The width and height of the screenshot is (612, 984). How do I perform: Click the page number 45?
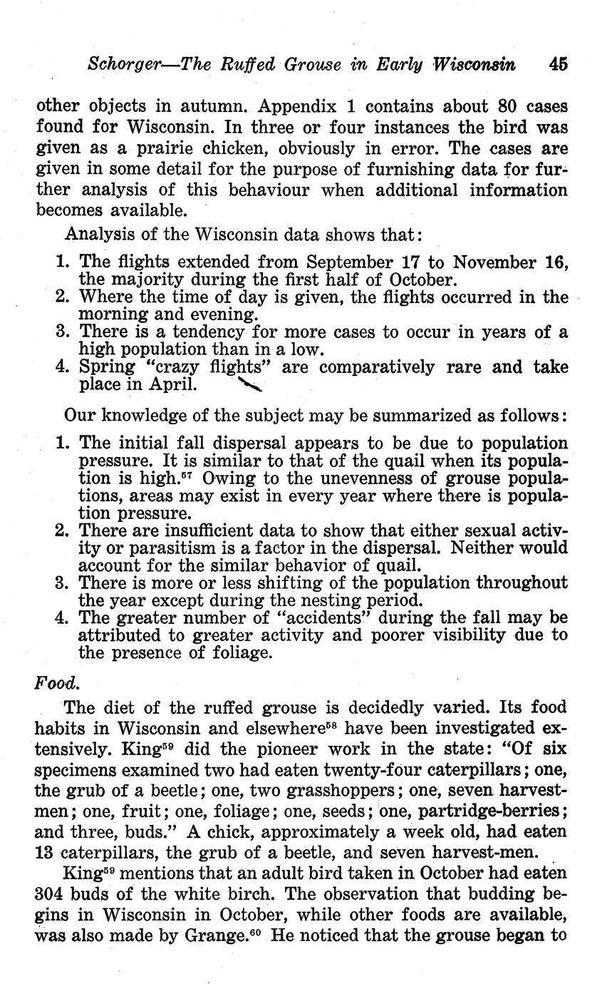click(x=559, y=63)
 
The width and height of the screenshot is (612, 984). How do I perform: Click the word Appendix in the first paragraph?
click(x=294, y=107)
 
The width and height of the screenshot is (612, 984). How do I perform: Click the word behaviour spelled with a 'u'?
click(x=276, y=190)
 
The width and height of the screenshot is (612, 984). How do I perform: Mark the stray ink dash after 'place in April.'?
click(x=250, y=386)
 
